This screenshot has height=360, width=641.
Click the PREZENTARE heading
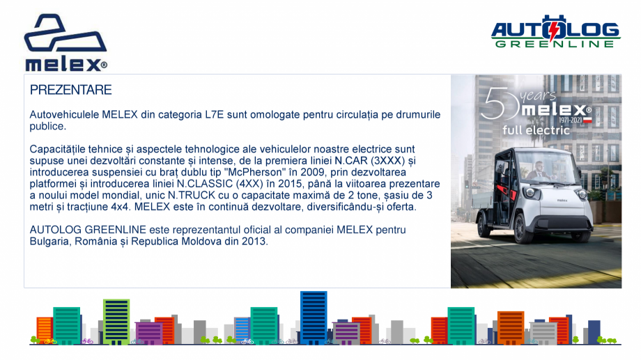pyautogui.click(x=71, y=90)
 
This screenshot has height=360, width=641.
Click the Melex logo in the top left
pyautogui.click(x=65, y=43)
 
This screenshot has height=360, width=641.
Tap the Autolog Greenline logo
pyautogui.click(x=555, y=31)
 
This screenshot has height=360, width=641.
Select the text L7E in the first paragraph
pyautogui.click(x=214, y=115)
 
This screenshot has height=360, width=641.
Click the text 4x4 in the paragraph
pyautogui.click(x=120, y=207)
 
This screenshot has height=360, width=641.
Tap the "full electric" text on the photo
pyautogui.click(x=536, y=130)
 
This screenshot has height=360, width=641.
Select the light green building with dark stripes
pyautogui.click(x=116, y=321)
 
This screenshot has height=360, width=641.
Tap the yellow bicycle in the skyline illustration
pyautogui.click(x=50, y=341)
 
